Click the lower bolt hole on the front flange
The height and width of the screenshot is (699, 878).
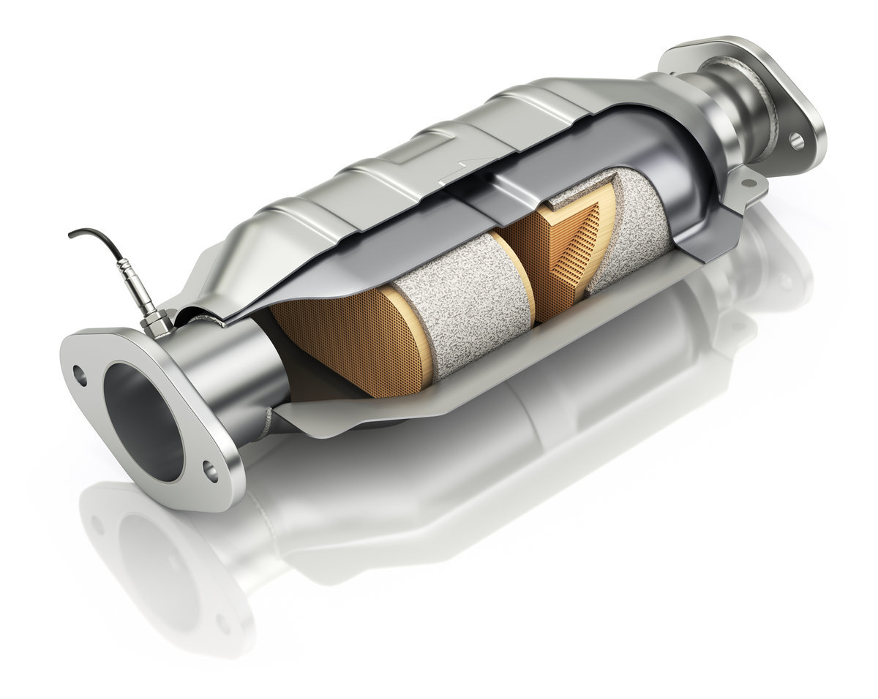pos(210,471)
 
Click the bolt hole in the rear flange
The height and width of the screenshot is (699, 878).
pos(796,141)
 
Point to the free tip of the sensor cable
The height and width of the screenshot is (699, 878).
pos(71,235)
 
